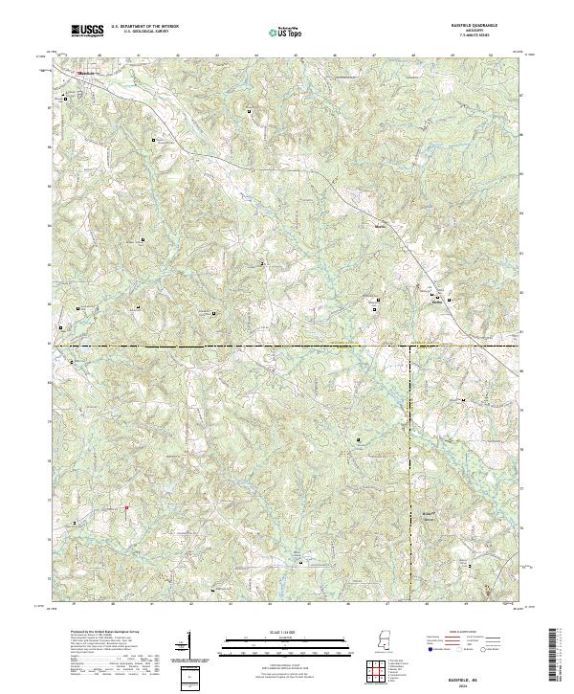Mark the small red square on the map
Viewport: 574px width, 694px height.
(x=126, y=508)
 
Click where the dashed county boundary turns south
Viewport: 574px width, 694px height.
(x=410, y=346)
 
